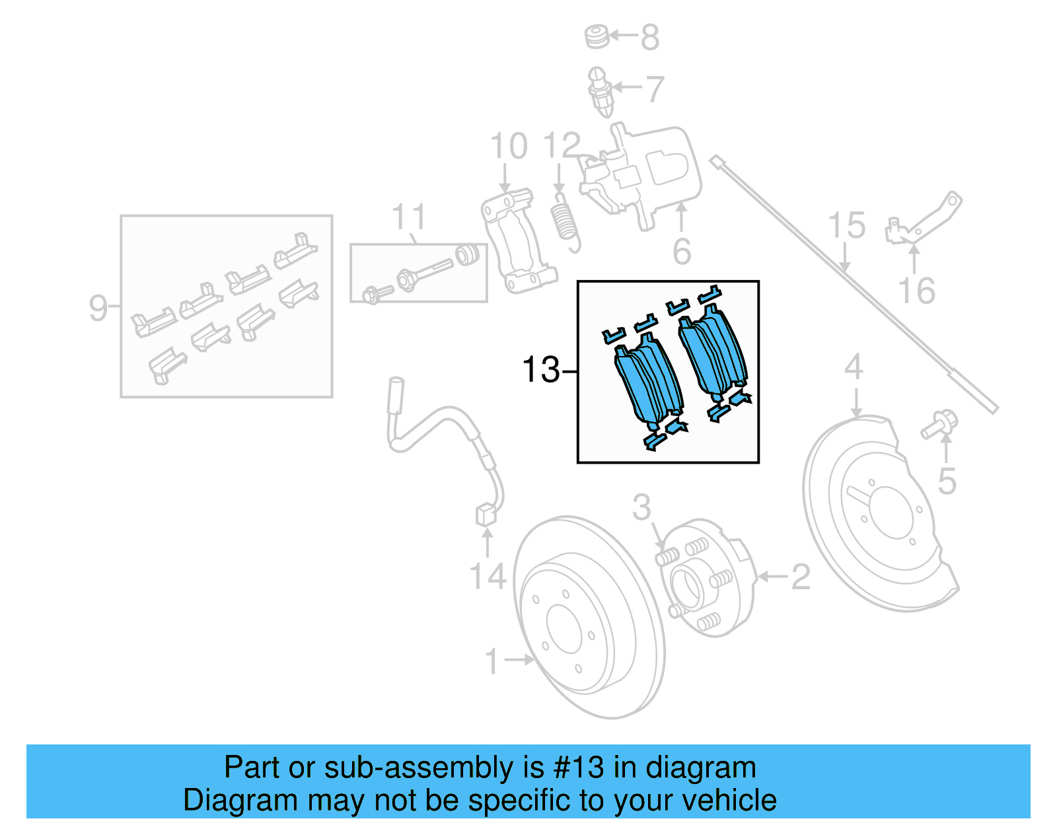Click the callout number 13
(540, 370)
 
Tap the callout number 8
(650, 38)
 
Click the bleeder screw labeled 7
(601, 92)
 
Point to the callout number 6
(682, 252)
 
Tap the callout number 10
(509, 146)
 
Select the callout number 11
(409, 217)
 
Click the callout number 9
(98, 308)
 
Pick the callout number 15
(846, 226)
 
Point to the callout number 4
(854, 367)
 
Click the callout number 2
(800, 577)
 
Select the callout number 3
(641, 507)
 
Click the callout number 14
(487, 576)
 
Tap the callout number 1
(492, 661)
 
